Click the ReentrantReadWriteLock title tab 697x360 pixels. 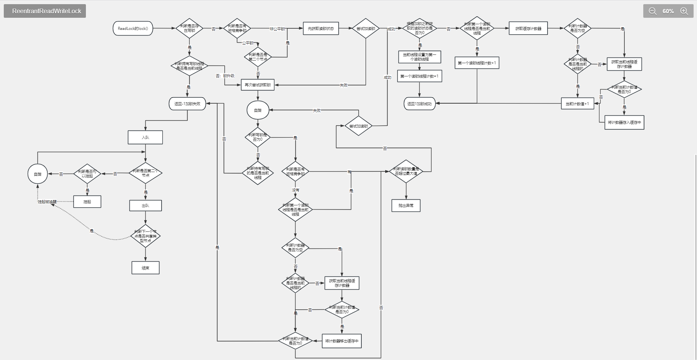45,11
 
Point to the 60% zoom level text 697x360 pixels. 668,11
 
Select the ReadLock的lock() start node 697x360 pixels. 133,28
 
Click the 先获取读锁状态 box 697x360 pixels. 321,28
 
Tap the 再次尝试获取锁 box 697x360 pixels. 258,85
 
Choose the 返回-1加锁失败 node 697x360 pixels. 187,104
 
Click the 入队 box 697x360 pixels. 145,137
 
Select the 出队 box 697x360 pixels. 145,205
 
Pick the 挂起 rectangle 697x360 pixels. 87,202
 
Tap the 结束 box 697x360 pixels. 145,268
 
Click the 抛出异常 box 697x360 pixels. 406,205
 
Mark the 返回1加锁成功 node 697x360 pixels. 420,104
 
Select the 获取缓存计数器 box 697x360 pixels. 528,28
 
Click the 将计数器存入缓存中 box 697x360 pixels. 624,122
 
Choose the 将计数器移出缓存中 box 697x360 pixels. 342,341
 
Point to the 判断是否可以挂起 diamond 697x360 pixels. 87,174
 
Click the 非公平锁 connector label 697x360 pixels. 277,29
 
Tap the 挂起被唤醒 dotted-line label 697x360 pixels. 47,202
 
